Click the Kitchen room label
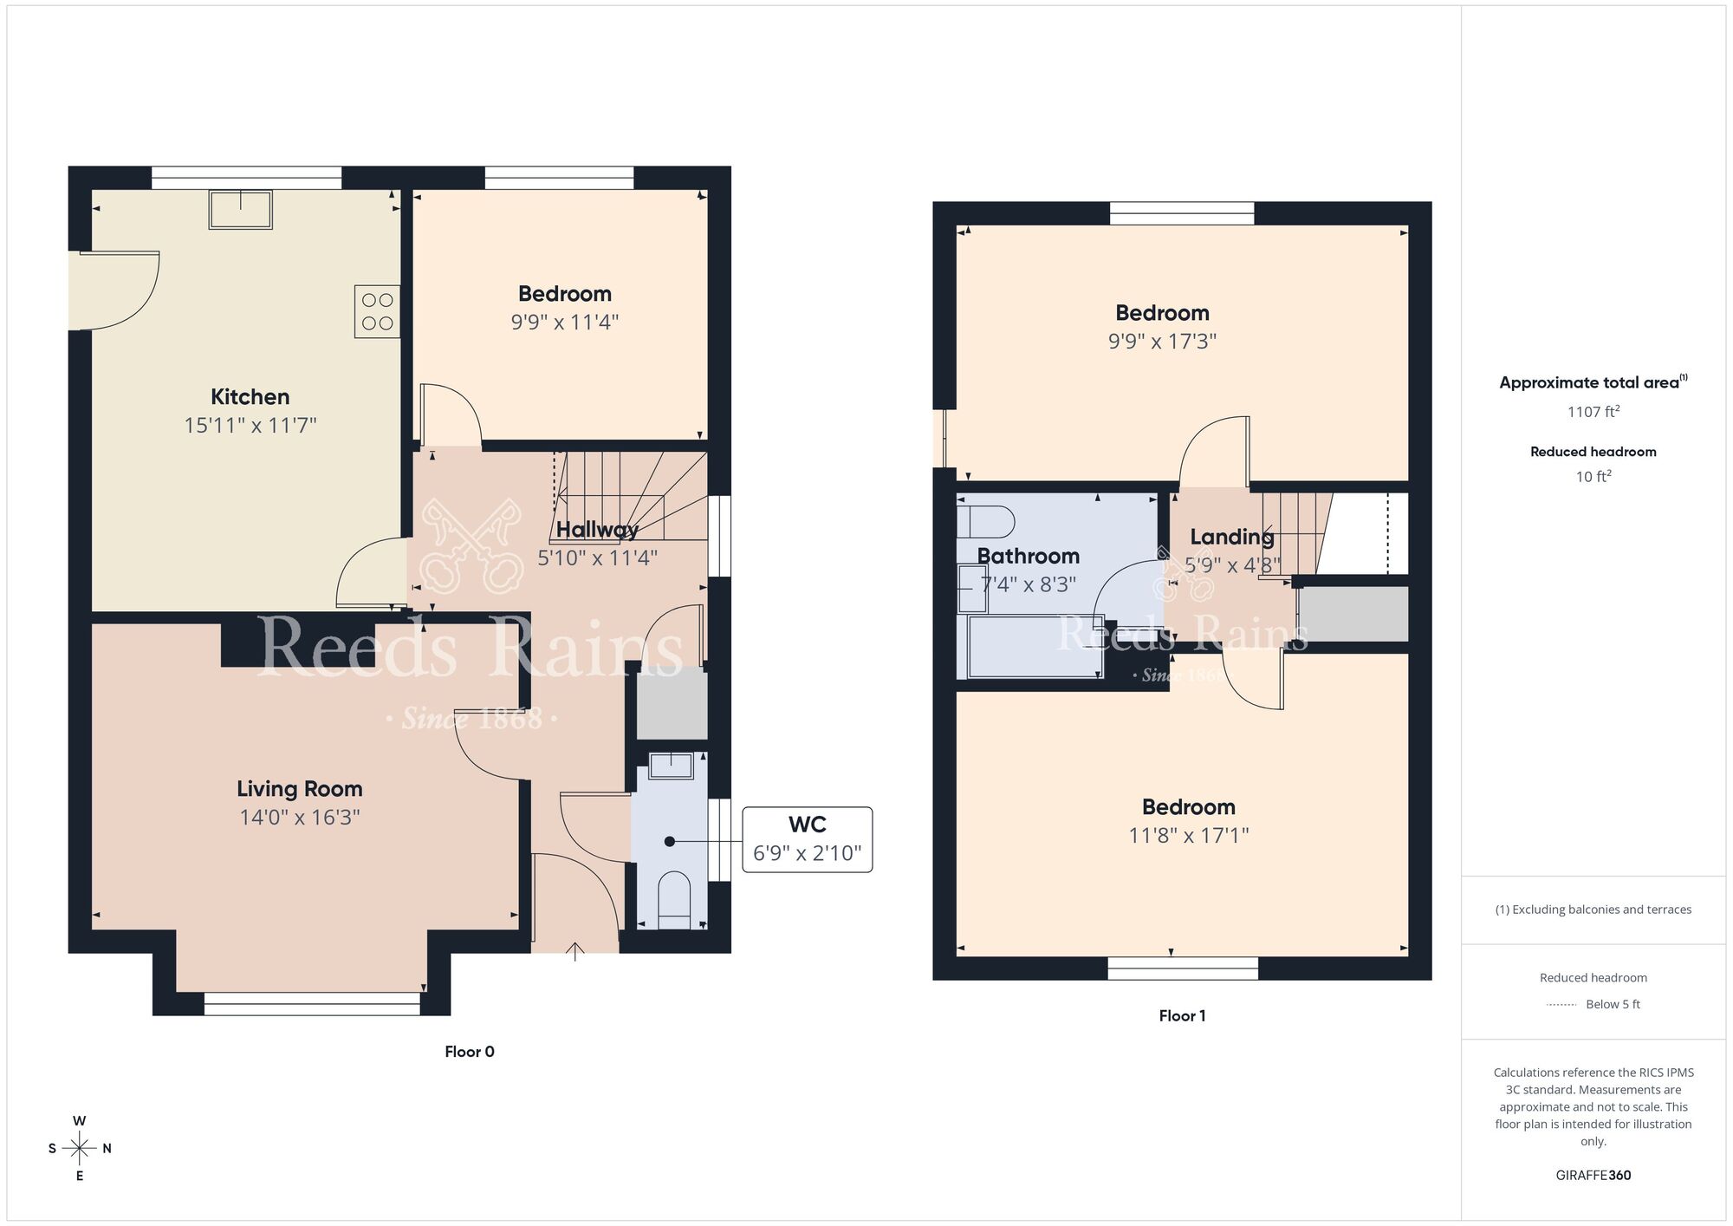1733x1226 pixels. tap(250, 397)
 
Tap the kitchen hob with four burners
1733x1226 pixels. tap(377, 311)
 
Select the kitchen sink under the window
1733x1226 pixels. tap(240, 209)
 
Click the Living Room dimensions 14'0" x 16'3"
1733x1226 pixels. tap(299, 818)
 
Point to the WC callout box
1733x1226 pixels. tap(807, 838)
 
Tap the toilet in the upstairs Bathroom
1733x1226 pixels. tap(986, 523)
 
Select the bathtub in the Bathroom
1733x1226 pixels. tap(1034, 646)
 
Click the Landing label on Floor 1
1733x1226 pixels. tap(1231, 537)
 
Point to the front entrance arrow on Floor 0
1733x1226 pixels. tap(574, 951)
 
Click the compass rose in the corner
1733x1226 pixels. tap(80, 1149)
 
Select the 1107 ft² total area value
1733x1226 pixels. tap(1593, 412)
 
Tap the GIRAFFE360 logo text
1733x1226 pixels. tap(1593, 1176)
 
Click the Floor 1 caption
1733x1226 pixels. tap(1182, 1016)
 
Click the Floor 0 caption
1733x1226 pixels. tap(469, 1052)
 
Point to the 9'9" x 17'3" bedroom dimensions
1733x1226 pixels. tap(1162, 342)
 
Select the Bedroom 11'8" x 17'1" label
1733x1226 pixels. tap(1188, 807)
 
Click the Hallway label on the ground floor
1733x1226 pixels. tap(597, 529)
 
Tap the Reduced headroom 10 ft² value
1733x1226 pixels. tap(1593, 477)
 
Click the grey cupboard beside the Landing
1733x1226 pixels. tap(1353, 614)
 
